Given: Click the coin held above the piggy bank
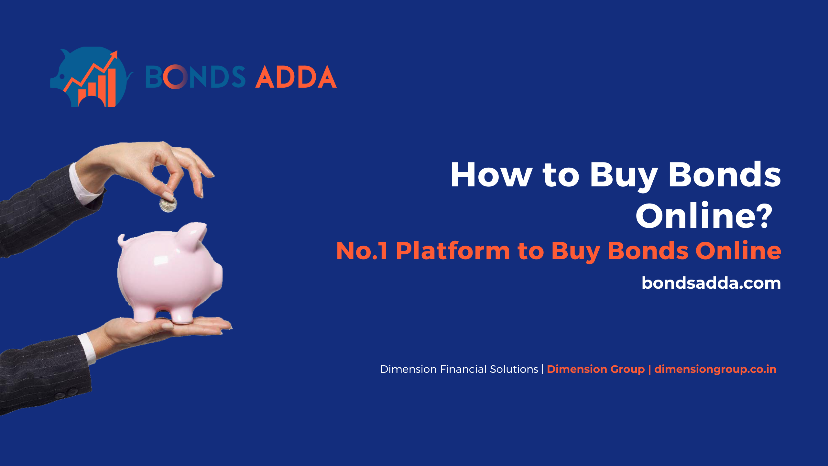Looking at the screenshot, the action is (x=168, y=204).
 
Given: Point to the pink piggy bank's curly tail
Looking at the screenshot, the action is (x=122, y=241).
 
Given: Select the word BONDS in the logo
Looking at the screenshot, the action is (x=195, y=77).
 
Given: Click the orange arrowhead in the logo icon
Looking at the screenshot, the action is (x=113, y=56).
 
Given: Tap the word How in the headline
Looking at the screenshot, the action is (x=492, y=175).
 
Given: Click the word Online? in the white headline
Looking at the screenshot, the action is (x=704, y=216).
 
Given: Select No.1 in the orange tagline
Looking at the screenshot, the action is (x=362, y=251).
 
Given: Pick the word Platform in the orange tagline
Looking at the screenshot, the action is (x=453, y=251).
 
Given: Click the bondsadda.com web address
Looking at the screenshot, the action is (x=711, y=283).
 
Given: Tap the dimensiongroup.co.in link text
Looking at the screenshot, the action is (x=715, y=369).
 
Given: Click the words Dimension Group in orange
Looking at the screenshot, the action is (x=596, y=369).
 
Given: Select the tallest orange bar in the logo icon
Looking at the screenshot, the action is (x=112, y=87).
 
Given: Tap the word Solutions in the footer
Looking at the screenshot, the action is (x=514, y=369).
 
